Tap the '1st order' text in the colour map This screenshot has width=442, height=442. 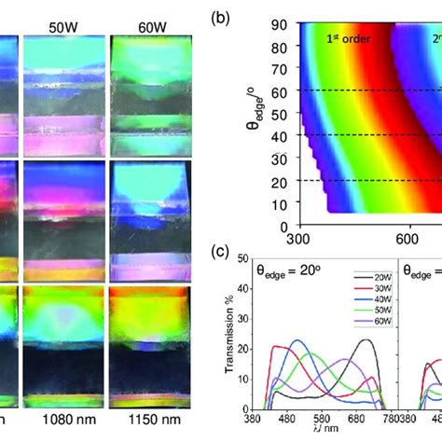click(346, 39)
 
